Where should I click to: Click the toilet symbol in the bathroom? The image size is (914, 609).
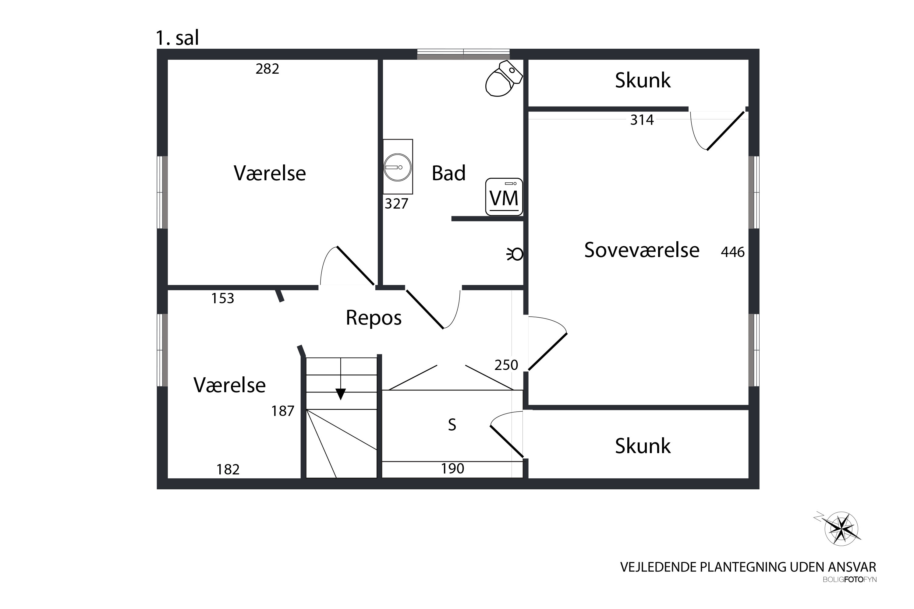click(x=503, y=79)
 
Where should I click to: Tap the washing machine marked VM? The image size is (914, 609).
click(x=504, y=197)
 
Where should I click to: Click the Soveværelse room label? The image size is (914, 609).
click(x=642, y=250)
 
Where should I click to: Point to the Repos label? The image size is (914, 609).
click(x=374, y=318)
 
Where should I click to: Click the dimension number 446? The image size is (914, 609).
click(x=732, y=252)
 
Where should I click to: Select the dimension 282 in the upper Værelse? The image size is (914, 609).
click(x=267, y=69)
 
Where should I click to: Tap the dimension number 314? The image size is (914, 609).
click(x=642, y=120)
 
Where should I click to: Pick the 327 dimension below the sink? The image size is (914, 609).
click(x=396, y=203)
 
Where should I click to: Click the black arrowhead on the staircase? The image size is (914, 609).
click(x=340, y=394)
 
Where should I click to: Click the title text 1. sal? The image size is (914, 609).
click(x=177, y=38)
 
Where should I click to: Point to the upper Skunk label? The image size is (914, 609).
click(x=643, y=80)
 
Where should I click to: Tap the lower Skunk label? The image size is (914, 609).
click(x=643, y=446)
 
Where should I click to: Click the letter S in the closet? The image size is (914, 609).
click(x=452, y=425)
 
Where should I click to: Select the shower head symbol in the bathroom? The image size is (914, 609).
click(x=515, y=254)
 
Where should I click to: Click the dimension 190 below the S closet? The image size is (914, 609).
click(x=452, y=469)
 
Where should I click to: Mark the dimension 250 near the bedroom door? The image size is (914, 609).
click(x=506, y=365)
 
